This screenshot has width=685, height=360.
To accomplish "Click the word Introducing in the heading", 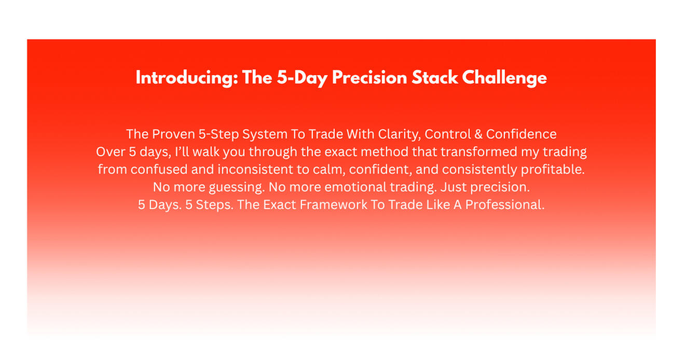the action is [x=187, y=78].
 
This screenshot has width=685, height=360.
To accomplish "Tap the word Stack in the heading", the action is [x=434, y=78].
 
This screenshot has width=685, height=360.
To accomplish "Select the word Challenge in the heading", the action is [x=504, y=78].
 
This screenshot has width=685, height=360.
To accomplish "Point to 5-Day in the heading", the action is [x=302, y=78].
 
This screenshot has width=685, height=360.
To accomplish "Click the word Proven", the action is [x=173, y=134].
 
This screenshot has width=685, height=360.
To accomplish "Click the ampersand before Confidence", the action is [x=478, y=134].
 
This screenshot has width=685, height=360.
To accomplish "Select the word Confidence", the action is [x=522, y=134].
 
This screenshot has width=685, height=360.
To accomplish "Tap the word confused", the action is [x=159, y=169].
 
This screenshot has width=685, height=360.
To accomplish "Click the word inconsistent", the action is [x=255, y=169].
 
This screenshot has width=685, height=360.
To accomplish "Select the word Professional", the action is [x=505, y=205].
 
